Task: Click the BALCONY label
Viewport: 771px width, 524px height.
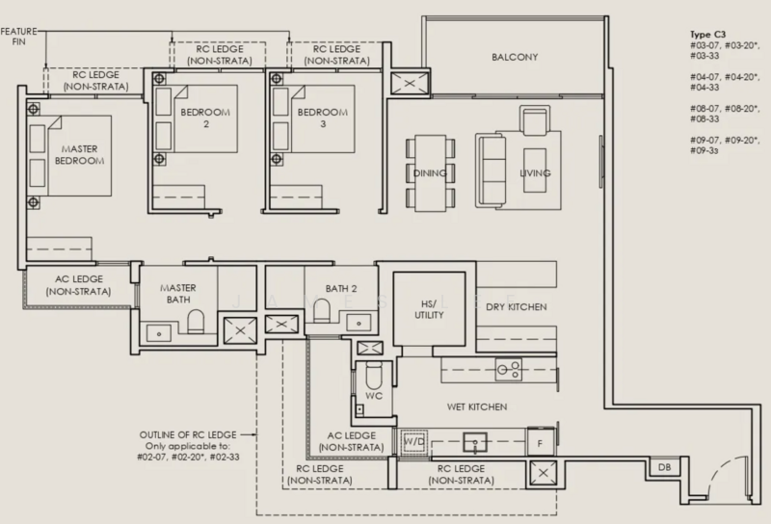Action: tap(515, 57)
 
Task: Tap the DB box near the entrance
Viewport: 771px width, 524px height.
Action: tap(664, 467)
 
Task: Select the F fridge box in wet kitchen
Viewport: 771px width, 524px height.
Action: tap(540, 443)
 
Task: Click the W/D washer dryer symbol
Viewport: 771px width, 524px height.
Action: tap(414, 441)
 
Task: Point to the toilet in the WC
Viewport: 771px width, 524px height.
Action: tap(374, 376)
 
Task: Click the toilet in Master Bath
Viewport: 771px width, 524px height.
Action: tap(196, 322)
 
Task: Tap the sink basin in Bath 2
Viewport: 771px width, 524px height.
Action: tap(359, 324)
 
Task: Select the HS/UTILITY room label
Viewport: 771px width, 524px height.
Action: tap(429, 310)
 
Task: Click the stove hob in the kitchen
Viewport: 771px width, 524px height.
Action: tap(509, 370)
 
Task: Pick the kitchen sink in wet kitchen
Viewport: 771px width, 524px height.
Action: tap(475, 442)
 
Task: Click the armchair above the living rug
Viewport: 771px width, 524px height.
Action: tap(535, 120)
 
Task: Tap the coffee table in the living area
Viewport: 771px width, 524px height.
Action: tap(535, 170)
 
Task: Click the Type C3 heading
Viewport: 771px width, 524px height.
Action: tap(707, 35)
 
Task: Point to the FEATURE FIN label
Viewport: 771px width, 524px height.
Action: tap(18, 37)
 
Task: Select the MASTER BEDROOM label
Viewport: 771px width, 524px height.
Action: tap(79, 154)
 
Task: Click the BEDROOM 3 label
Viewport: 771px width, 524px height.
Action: tap(323, 118)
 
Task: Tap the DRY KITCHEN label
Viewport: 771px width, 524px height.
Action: tap(517, 307)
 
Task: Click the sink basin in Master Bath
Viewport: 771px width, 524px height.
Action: tap(159, 332)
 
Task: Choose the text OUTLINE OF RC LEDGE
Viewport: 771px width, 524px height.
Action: tap(188, 435)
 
